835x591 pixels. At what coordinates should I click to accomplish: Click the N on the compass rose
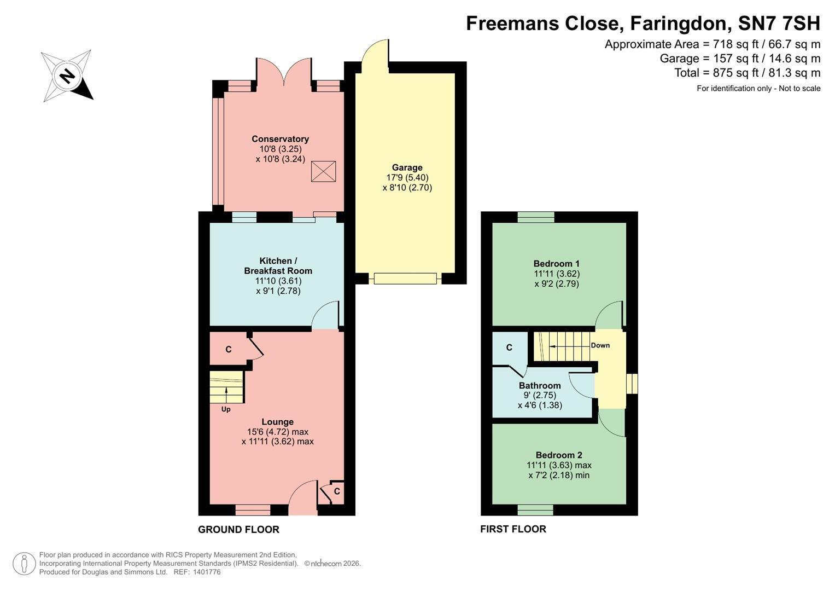67,77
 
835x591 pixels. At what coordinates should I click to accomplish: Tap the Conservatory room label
281,139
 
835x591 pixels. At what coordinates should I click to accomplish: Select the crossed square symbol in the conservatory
323,171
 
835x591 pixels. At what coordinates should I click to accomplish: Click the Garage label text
407,167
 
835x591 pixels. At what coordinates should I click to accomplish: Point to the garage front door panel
405,279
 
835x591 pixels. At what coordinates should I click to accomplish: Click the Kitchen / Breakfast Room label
278,265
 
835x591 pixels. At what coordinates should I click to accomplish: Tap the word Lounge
277,421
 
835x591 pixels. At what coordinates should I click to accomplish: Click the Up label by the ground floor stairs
226,409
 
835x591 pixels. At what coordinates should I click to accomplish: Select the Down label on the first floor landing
600,345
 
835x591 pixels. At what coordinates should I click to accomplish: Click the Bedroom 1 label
557,264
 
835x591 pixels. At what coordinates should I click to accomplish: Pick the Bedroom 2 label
559,455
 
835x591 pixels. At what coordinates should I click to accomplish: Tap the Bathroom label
540,385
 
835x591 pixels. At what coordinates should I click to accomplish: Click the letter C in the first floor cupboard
509,347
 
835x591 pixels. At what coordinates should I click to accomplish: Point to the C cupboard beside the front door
337,491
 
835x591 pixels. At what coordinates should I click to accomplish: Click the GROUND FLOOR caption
238,530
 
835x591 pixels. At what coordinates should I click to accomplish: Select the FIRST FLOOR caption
513,529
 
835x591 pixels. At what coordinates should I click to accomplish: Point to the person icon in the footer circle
24,564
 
